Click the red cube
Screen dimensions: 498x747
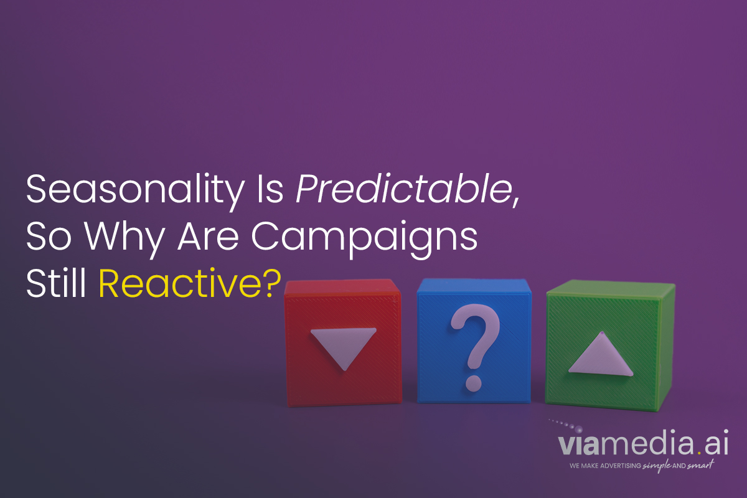[343, 342]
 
